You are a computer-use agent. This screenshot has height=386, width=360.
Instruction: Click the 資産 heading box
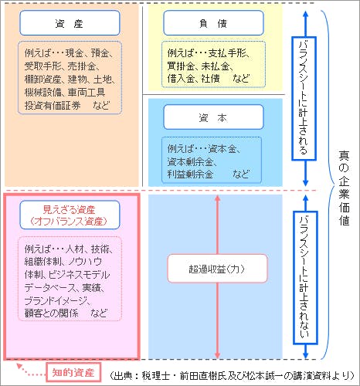[x=70, y=23]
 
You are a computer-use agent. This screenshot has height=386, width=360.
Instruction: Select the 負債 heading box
[x=213, y=23]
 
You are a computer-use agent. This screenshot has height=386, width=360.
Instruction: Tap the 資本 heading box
[x=213, y=117]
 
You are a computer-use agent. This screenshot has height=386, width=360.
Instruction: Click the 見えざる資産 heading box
[x=70, y=215]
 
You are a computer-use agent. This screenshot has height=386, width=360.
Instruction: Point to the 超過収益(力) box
[x=217, y=269]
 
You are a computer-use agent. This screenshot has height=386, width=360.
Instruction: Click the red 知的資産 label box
[x=73, y=372]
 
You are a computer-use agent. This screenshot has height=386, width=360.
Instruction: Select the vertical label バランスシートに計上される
[x=304, y=99]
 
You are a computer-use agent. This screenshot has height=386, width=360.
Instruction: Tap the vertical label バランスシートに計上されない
[x=305, y=277]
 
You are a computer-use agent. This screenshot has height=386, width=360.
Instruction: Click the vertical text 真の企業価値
[x=344, y=188]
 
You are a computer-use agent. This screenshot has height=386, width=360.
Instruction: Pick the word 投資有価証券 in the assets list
[x=53, y=106]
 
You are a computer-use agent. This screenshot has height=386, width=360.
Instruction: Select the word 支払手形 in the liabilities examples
[x=227, y=53]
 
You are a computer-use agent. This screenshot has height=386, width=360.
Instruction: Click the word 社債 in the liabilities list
[x=210, y=79]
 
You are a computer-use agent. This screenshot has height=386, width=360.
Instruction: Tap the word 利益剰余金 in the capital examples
[x=190, y=174]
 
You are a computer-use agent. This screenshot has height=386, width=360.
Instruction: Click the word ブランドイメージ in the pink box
[x=56, y=300]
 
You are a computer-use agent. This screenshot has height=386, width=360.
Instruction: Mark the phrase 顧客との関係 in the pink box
[x=52, y=313]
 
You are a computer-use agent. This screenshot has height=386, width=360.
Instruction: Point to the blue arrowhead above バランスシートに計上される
[x=305, y=14]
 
